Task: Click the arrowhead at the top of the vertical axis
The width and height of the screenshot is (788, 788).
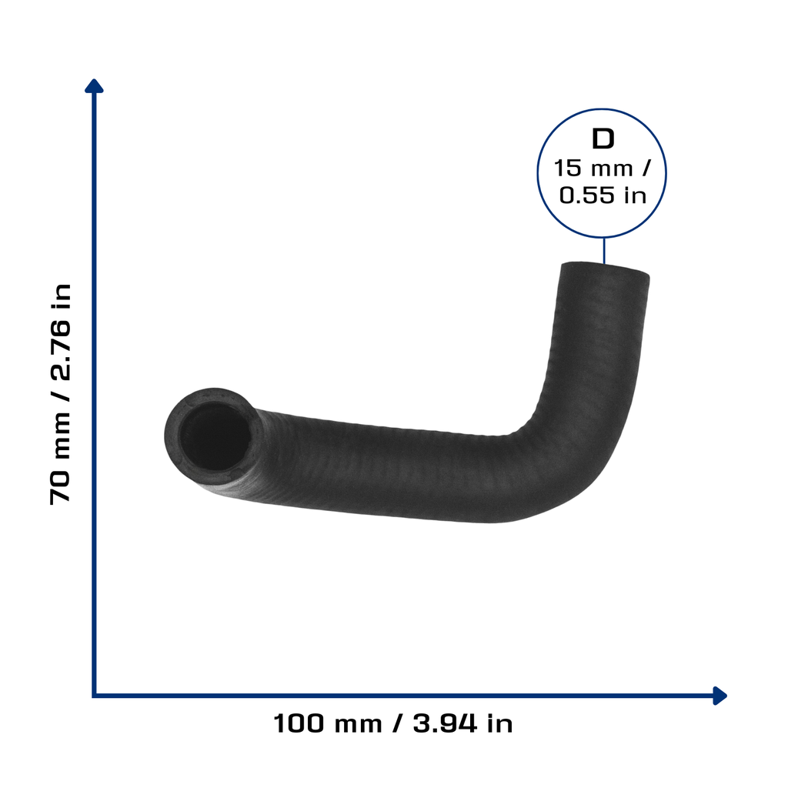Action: pos(94,86)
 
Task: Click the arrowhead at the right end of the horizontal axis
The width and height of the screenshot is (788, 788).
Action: pos(720,696)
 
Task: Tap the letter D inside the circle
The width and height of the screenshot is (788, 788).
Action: pos(603,139)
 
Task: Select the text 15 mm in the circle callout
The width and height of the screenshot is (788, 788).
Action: pos(593,169)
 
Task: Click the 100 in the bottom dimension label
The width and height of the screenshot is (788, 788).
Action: pos(299,724)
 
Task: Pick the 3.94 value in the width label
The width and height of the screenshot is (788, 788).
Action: pos(444,724)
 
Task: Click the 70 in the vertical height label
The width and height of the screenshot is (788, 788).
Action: pos(60,487)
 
